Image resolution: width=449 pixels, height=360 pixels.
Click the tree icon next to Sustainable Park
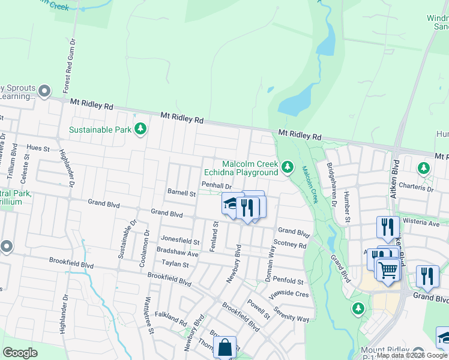pos(140,129)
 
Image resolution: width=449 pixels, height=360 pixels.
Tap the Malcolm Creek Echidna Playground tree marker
pos(288,166)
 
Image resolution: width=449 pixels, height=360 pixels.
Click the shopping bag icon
pos(224,347)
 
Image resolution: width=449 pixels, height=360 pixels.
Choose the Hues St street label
pos(38,147)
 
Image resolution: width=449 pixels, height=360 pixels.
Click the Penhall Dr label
pos(216,185)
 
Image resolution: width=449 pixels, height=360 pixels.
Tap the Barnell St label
pos(181,194)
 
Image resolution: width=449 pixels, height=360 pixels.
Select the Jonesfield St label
pos(179,242)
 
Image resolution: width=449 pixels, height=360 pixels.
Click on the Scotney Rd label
pos(289,244)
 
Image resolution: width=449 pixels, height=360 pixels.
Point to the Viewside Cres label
pos(290,295)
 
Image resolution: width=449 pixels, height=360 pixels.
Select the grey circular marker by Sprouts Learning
pos(44,91)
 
